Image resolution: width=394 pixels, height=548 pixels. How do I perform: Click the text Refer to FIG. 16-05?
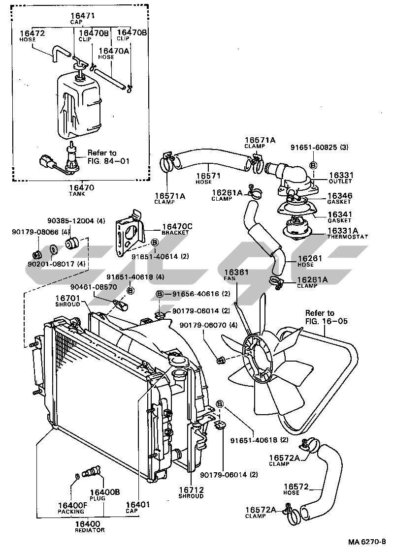(326, 317)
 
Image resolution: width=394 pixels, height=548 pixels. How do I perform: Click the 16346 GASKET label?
(340, 198)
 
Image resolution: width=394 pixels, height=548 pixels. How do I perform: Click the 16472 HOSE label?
(33, 35)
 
